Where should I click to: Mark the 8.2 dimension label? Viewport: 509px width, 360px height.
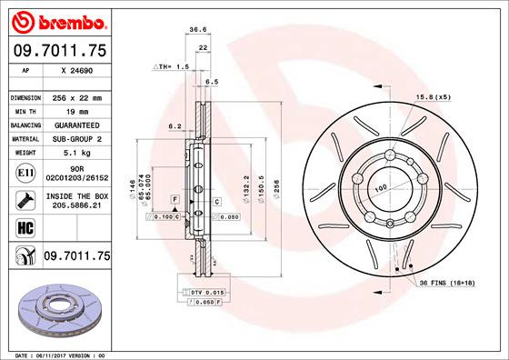coord(175,126)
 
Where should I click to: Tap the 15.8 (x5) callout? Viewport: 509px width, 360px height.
coord(434,97)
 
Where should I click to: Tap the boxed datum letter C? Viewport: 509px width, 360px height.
coord(217,200)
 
